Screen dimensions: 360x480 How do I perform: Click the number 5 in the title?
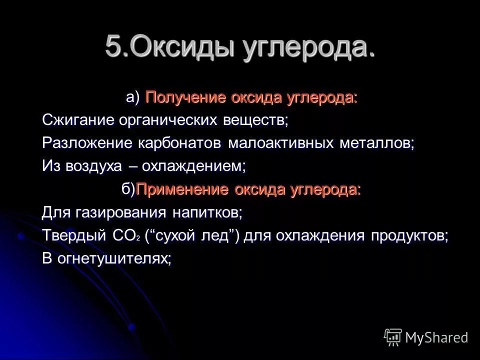[113, 47]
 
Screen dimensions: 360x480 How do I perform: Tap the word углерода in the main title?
[310, 48]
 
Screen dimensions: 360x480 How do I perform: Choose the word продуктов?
[409, 236]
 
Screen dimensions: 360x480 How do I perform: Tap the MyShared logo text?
[436, 337]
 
